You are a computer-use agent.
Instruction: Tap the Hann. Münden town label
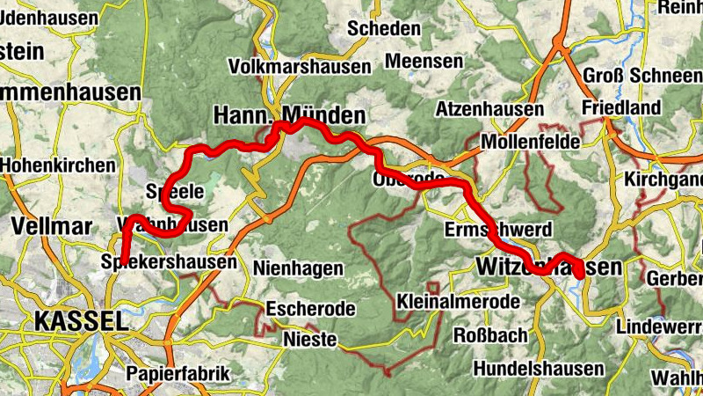(x=289, y=115)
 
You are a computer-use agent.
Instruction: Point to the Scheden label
(x=384, y=29)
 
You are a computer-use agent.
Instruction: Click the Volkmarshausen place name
(x=298, y=67)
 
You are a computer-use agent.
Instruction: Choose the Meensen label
(x=424, y=62)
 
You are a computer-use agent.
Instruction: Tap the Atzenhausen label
(x=489, y=110)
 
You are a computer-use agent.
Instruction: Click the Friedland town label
(x=621, y=107)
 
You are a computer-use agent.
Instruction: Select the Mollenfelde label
(x=531, y=142)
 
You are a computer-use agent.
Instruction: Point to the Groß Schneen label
(x=642, y=76)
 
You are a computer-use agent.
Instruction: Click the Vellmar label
(x=52, y=226)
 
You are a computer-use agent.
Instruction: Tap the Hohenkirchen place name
(x=58, y=165)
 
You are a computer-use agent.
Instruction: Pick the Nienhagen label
(x=294, y=267)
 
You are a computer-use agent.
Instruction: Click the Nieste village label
(x=308, y=339)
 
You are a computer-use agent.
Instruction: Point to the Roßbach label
(x=490, y=335)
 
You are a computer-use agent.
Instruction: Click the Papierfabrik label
(x=178, y=373)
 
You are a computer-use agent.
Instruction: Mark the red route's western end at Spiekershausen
(x=124, y=260)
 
